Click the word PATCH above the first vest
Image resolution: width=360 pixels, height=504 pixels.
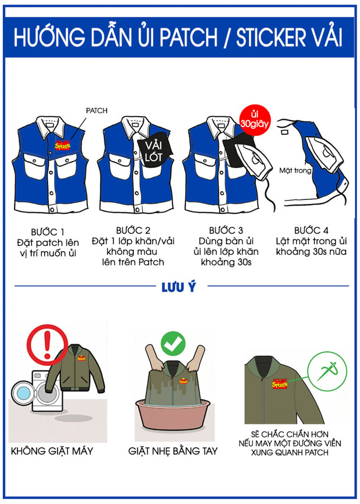pos(97,110)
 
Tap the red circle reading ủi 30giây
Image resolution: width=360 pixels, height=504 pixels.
pos(255,120)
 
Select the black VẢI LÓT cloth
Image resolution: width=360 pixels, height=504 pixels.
pos(154,149)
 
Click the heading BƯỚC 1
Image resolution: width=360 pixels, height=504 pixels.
pos(48,232)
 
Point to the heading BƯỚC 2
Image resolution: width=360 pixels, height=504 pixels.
pos(133,230)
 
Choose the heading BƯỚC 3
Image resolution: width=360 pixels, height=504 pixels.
pos(226,230)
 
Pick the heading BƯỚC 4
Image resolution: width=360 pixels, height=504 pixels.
pos(311,230)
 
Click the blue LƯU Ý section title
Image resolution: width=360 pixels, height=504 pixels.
pos(179,287)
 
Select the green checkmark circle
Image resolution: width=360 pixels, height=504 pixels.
pos(173,343)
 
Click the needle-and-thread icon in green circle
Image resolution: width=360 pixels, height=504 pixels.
pos(327,371)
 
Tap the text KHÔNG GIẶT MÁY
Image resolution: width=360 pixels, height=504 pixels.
pos(52,451)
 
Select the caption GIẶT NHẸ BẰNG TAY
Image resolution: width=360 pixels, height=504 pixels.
pos(173,451)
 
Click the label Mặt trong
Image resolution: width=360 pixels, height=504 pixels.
pos(296,170)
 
